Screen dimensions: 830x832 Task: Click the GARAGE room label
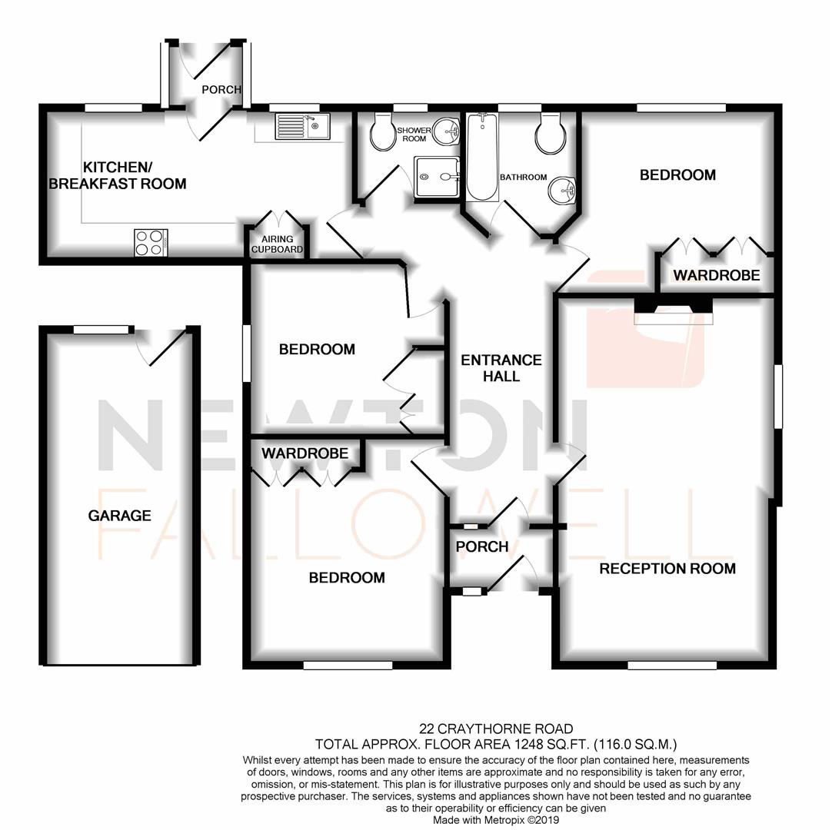click(119, 516)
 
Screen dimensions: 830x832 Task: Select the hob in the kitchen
click(149, 243)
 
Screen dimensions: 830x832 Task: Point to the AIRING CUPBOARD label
click(277, 244)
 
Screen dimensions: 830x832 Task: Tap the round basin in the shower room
click(445, 132)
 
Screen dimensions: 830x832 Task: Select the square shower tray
click(437, 178)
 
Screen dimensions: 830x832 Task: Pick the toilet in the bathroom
click(553, 134)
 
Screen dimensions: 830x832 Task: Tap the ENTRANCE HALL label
click(501, 368)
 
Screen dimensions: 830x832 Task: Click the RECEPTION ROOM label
click(667, 569)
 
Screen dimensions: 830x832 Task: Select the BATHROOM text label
click(523, 178)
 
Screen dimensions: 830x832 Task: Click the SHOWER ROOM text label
click(411, 134)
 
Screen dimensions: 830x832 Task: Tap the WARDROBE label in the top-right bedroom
click(717, 275)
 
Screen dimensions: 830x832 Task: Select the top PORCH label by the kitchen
click(221, 90)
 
